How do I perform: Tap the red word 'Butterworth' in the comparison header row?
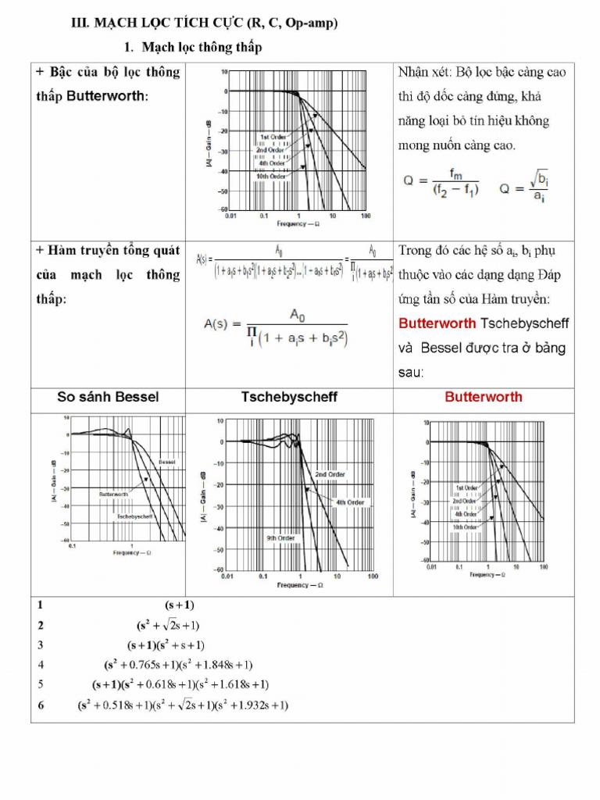click(x=484, y=397)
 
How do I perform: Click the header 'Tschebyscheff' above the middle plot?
click(x=289, y=397)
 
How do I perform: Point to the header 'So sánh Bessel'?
click(x=108, y=397)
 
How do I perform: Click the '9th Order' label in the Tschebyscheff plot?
click(x=280, y=538)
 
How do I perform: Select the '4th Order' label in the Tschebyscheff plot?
click(x=350, y=502)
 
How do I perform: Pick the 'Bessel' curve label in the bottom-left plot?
click(x=166, y=462)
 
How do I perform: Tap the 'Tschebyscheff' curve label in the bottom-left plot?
click(x=134, y=517)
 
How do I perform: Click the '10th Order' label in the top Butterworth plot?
click(x=271, y=177)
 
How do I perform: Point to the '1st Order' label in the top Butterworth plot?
click(x=273, y=137)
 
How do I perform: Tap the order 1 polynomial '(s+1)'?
click(x=180, y=605)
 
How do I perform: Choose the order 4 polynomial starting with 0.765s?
click(x=178, y=665)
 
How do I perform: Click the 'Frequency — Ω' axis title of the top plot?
click(x=298, y=224)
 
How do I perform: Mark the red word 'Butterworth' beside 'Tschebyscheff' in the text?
click(x=437, y=323)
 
